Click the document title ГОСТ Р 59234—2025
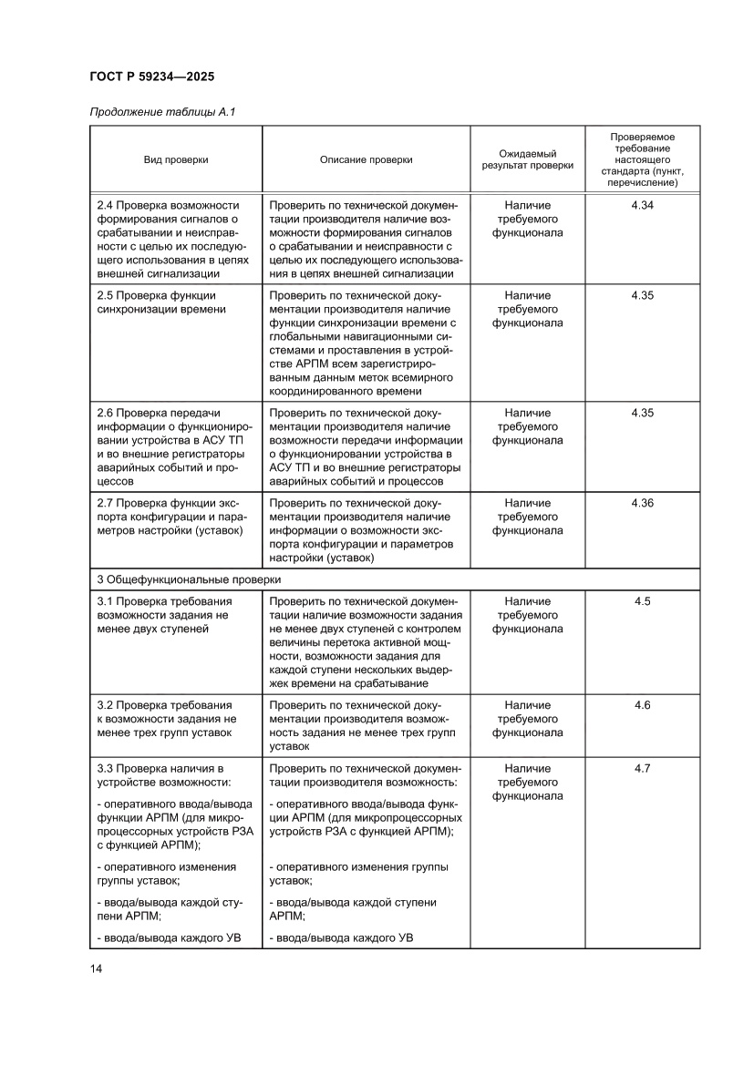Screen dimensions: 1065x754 (151, 77)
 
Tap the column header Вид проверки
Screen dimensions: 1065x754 (175, 159)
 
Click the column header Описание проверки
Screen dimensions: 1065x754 (366, 159)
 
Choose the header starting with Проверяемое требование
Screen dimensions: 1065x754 (642, 159)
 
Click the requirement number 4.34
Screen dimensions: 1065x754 (642, 205)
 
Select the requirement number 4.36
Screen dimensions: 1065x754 (642, 503)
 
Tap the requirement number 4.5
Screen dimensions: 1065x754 (642, 601)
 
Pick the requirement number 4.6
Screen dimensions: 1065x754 (642, 705)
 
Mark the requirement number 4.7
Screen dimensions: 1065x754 (642, 768)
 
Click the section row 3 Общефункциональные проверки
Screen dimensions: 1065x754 (189, 579)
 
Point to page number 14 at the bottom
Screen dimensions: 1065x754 (96, 968)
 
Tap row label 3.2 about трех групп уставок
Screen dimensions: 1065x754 (166, 719)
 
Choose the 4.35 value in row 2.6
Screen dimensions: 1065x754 (642, 413)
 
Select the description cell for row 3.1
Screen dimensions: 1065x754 (366, 642)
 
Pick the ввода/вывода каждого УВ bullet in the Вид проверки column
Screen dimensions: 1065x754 (168, 937)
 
